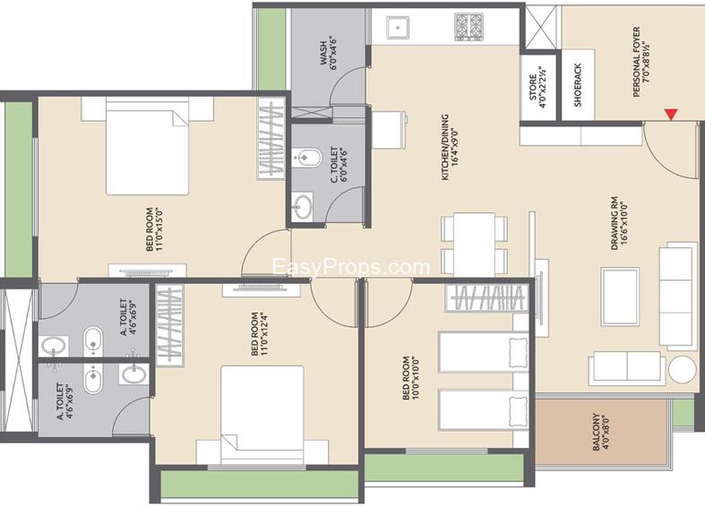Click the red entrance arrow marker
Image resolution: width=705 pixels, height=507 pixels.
point(671,114)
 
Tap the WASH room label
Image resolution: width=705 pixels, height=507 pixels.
point(322,54)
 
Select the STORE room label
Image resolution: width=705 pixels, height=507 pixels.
point(533,87)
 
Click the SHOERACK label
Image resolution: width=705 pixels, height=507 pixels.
point(578,85)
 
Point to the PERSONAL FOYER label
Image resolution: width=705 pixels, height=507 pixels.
point(636,62)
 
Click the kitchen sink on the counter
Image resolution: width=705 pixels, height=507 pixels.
point(398,28)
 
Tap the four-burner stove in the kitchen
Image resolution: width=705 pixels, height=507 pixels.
point(469,27)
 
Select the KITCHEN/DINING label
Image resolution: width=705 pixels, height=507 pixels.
point(444,148)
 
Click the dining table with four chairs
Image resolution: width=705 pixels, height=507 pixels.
point(474,244)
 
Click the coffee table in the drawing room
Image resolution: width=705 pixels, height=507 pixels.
point(620,296)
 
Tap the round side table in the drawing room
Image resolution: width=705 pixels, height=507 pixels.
point(682,369)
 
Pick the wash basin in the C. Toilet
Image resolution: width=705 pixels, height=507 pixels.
point(302,206)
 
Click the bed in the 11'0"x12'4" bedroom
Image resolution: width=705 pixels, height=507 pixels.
point(262,415)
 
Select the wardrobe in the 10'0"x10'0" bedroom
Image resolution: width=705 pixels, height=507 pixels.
point(487,298)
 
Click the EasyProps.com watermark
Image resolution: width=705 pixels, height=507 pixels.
point(351,268)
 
